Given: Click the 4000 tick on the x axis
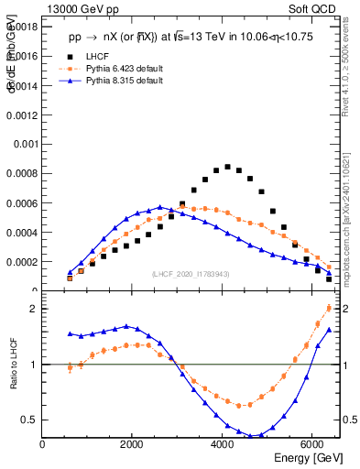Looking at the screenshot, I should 223,444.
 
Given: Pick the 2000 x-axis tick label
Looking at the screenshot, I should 133,444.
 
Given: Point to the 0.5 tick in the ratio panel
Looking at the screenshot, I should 29,420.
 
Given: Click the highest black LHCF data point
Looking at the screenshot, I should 227,167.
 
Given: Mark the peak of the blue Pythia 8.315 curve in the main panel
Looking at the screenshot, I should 159,207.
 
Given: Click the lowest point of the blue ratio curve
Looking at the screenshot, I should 250,436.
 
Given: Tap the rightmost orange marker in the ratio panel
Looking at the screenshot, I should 329,322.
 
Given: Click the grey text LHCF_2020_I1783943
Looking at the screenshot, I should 191,275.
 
